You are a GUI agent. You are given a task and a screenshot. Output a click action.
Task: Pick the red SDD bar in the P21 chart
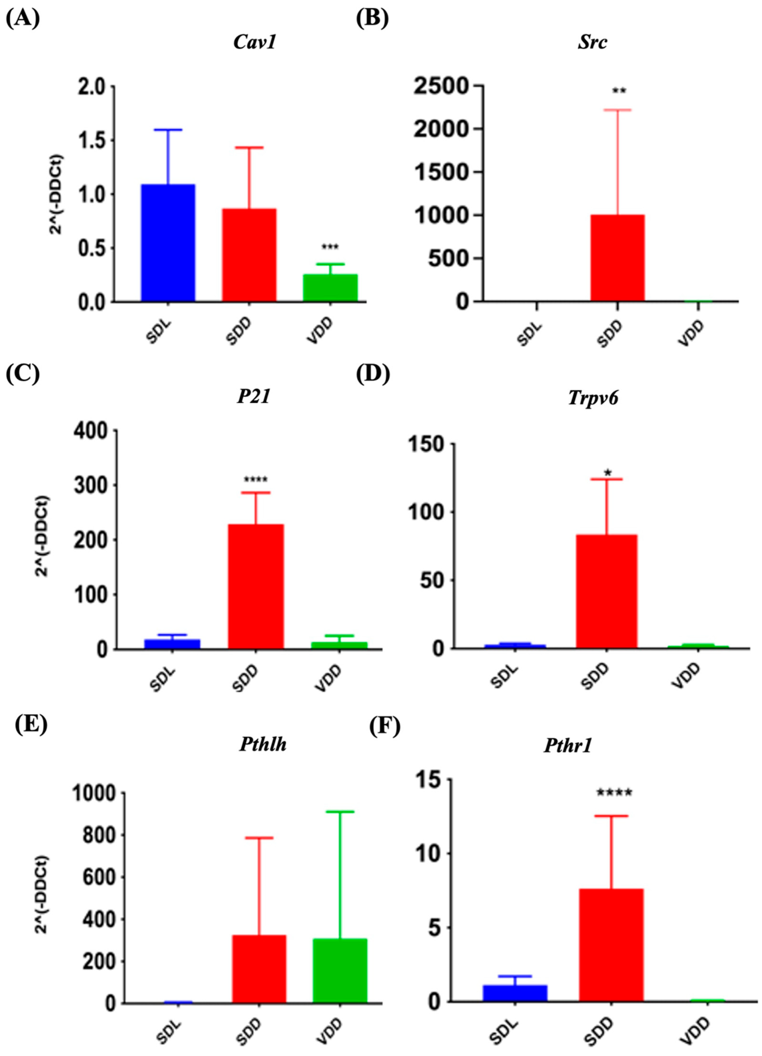click(x=256, y=587)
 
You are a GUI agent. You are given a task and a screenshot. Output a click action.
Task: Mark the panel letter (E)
click(x=31, y=725)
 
